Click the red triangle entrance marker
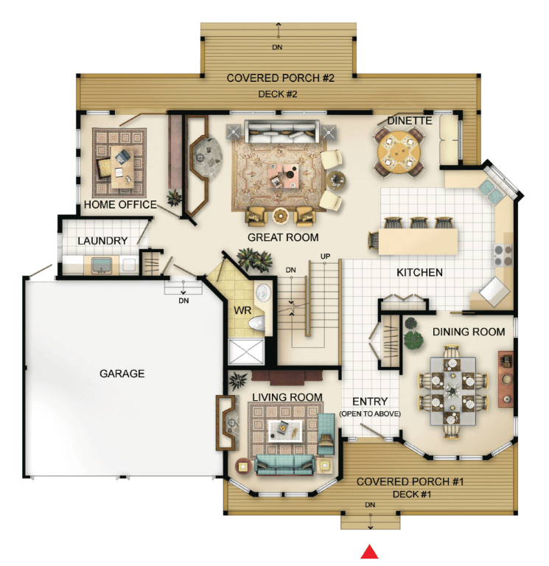(x=370, y=551)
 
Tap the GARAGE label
(x=122, y=373)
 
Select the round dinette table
(x=399, y=152)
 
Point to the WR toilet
(x=256, y=323)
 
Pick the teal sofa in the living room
(x=284, y=464)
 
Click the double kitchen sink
(x=491, y=191)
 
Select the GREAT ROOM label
(x=283, y=237)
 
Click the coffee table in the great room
(x=283, y=176)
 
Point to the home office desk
(x=122, y=167)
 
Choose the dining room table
(x=453, y=391)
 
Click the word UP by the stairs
(x=325, y=256)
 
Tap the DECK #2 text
(x=278, y=94)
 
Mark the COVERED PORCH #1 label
(x=410, y=481)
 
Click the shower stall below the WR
(x=247, y=352)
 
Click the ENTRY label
(x=370, y=402)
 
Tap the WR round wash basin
(x=263, y=292)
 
